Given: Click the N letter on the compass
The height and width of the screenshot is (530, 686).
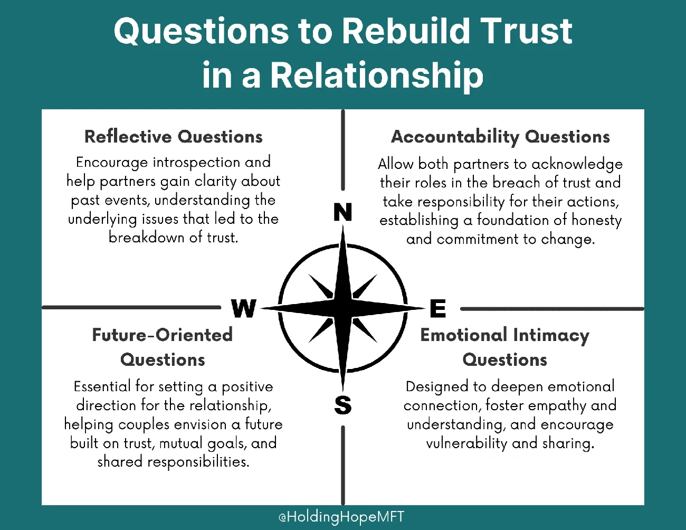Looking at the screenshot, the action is [342, 212].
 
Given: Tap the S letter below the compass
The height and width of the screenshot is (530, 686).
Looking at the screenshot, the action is [342, 405].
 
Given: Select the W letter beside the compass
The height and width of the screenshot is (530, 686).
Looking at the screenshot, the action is [244, 308].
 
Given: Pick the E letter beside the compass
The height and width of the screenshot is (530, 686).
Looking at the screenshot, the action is [438, 308].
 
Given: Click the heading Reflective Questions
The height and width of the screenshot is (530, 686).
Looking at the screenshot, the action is [174, 137].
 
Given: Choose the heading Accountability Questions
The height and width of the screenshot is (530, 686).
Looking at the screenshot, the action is [500, 137].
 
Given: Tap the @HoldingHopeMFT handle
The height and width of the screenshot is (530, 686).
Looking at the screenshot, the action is [341, 517].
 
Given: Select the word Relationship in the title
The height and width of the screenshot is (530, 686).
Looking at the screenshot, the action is [377, 74].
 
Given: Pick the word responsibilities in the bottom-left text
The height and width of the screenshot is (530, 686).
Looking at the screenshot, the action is [198, 462].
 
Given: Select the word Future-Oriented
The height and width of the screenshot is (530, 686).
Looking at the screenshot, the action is [163, 335].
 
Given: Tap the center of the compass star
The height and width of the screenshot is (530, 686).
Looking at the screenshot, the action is [342, 308].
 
